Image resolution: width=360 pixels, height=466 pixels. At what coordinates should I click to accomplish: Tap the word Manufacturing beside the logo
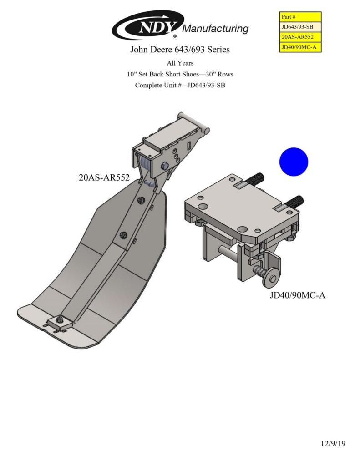pos(215,29)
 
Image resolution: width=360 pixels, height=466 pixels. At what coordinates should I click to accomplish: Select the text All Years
pos(180,63)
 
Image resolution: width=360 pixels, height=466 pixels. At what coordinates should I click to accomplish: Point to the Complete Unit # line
pos(180,85)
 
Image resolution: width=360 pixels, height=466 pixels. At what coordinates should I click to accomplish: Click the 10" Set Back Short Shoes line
pos(180,74)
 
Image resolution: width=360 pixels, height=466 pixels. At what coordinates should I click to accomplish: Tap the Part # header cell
pos(300,17)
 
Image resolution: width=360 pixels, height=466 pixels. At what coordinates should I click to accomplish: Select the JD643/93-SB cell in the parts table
pos(300,27)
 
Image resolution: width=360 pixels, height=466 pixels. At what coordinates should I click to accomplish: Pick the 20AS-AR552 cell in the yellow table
pos(300,37)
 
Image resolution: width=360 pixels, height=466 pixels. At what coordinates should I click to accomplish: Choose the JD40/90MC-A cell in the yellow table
pos(300,47)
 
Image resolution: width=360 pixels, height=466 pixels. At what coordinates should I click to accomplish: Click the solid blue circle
pos(294,162)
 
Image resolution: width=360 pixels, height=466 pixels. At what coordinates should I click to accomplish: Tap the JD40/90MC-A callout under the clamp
pos(297,295)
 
